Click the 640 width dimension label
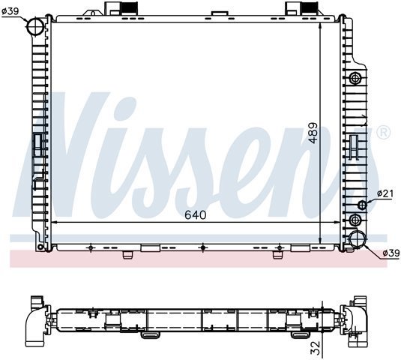[196, 215]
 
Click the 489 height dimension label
[313, 133]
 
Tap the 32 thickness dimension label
[316, 348]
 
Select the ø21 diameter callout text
[385, 193]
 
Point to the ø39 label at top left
[10, 11]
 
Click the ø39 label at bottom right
[391, 253]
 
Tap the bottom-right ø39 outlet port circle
[358, 239]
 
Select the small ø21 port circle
[362, 205]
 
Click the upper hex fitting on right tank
[355, 78]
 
